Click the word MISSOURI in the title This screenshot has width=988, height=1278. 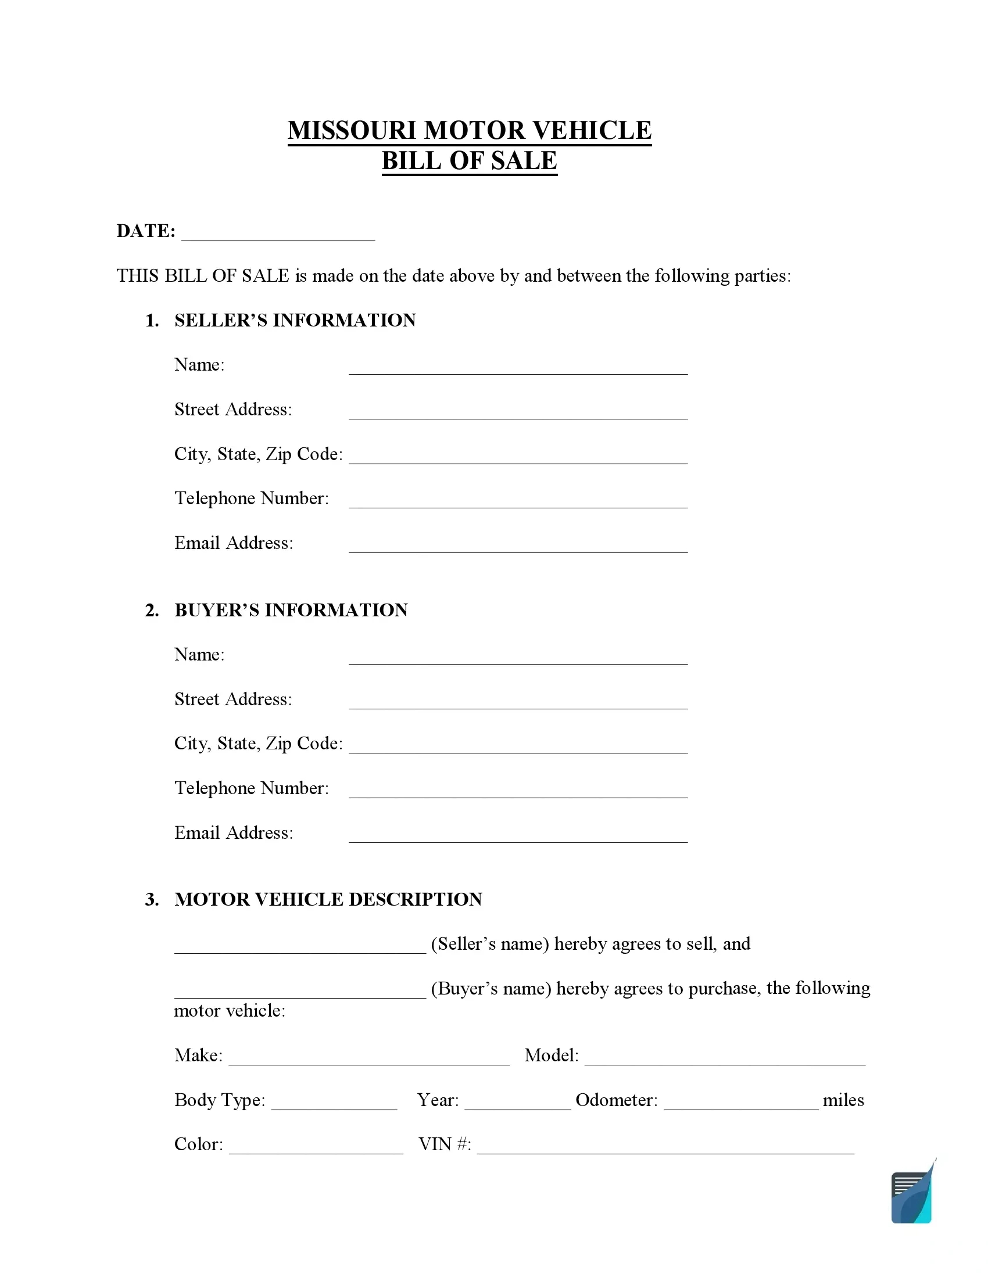[352, 131]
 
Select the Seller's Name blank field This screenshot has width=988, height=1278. [518, 368]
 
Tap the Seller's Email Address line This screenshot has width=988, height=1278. [518, 546]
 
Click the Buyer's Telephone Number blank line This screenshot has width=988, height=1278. [518, 791]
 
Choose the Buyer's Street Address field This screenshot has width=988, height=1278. [518, 702]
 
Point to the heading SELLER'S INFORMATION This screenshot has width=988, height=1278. [295, 320]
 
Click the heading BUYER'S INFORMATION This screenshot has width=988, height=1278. [291, 610]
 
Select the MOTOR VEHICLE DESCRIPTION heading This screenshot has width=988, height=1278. [328, 899]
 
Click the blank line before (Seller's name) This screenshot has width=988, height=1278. [300, 947]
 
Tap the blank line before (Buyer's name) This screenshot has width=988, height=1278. [300, 991]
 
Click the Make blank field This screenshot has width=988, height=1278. [368, 1058]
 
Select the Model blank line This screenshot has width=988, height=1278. [725, 1058]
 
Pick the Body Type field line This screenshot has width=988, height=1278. [334, 1103]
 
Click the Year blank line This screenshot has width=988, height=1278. [517, 1103]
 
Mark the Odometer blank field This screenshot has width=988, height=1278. [741, 1103]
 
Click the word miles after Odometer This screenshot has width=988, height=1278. [843, 1100]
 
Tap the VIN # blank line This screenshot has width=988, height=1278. [665, 1147]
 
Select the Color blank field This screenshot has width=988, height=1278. [316, 1147]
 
